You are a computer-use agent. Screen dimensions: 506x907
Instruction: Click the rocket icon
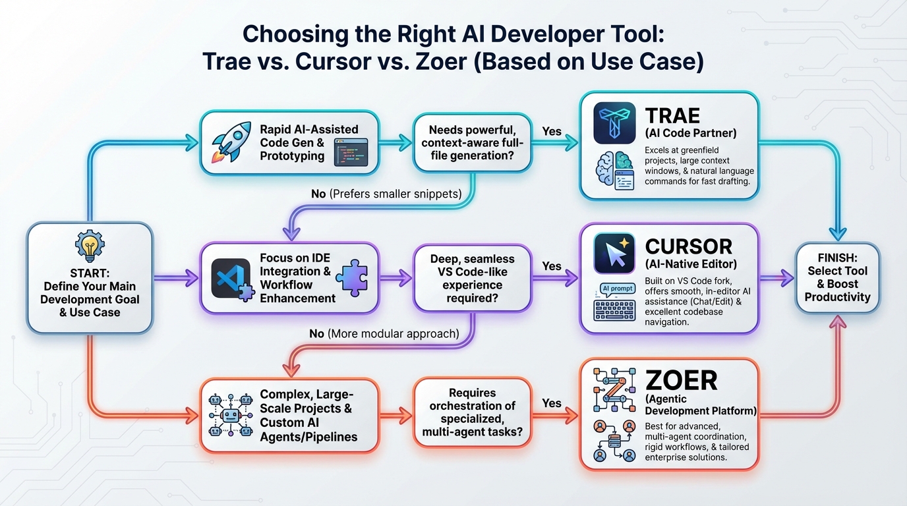pos(231,142)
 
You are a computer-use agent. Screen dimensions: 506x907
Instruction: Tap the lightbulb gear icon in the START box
pos(90,247)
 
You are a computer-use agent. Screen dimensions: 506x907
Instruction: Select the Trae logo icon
pos(614,123)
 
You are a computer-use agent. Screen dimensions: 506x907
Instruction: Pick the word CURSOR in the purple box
pos(688,246)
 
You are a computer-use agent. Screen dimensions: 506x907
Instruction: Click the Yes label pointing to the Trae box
pos(552,131)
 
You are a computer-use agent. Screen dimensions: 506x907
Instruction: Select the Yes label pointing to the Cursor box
pos(552,266)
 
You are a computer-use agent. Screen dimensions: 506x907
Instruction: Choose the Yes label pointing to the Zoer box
pos(552,403)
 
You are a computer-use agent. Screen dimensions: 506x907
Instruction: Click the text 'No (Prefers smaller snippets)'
pos(386,194)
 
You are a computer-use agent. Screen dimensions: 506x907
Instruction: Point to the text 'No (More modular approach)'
pos(384,333)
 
